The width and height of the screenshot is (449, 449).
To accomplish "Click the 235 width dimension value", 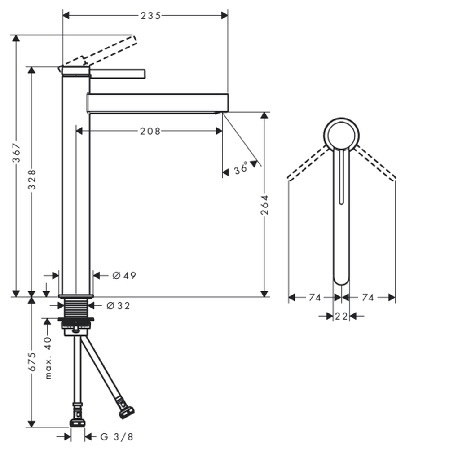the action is (x=150, y=15).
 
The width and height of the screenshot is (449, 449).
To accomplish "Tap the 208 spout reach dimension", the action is (x=150, y=131).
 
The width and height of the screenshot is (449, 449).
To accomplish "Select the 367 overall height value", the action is (x=16, y=152).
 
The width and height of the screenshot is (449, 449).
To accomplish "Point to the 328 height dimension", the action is (x=32, y=180).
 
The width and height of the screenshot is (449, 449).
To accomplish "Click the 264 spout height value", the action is (x=264, y=205).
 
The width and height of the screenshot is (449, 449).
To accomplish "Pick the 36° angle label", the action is (x=241, y=168).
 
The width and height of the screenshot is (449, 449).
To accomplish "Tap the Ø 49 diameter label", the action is (x=124, y=276).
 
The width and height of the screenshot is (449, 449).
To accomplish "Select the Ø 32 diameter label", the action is (x=118, y=306).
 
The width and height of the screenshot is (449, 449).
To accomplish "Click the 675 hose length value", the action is (x=32, y=361).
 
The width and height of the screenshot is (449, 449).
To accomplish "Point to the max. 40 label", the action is (x=48, y=358).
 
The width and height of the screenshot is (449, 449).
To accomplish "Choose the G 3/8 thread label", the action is (x=117, y=437).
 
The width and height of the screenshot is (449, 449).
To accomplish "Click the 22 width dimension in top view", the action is (x=341, y=316).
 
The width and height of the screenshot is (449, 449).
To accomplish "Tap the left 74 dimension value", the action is (x=315, y=298).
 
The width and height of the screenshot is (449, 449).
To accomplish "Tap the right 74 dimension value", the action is (x=368, y=298).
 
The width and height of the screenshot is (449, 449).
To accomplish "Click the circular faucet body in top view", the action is (x=341, y=135).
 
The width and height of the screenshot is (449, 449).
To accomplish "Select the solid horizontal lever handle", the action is (x=117, y=74).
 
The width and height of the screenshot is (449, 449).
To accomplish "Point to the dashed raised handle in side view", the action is (x=97, y=52).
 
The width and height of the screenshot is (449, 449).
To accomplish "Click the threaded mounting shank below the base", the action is (x=76, y=308).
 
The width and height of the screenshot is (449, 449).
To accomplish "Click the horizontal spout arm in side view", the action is (x=158, y=103).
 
